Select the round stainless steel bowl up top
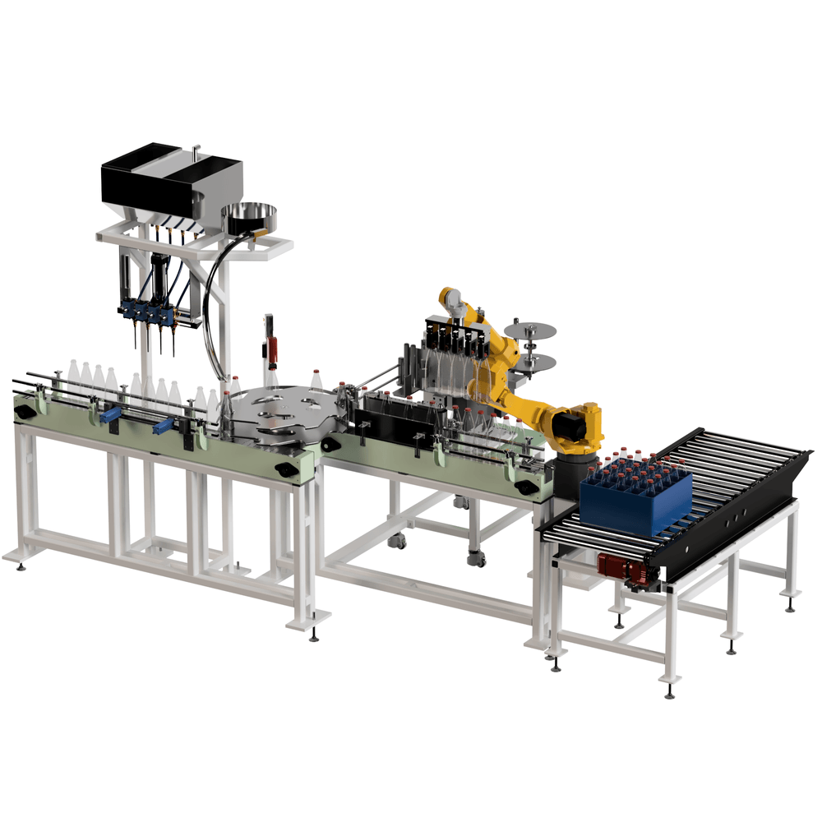pos(249,215)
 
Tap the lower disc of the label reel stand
pos(533,362)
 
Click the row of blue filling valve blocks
pos(148,313)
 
